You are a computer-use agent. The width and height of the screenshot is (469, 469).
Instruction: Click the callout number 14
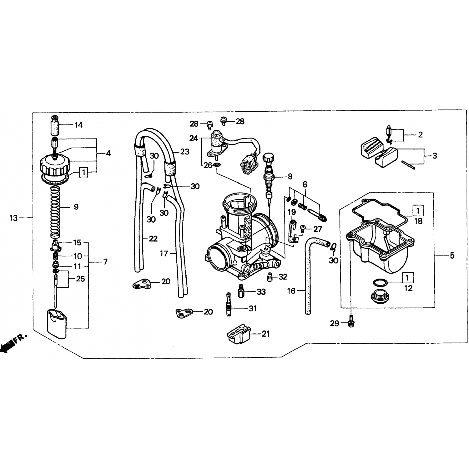(x=78, y=125)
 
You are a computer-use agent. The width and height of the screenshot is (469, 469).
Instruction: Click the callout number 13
(x=13, y=218)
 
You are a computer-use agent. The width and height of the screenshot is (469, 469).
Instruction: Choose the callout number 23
(x=185, y=152)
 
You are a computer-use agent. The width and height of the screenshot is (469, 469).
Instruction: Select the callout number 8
(x=290, y=177)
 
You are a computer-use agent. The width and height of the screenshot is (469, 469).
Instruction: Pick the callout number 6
(x=305, y=184)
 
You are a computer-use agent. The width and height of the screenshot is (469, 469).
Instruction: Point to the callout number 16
(x=291, y=291)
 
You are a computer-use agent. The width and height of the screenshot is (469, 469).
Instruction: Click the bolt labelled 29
(x=351, y=323)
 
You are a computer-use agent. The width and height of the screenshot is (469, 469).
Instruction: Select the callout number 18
(x=418, y=221)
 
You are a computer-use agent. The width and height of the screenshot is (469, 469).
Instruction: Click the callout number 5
(x=452, y=255)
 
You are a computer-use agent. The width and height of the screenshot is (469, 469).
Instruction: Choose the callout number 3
(x=435, y=156)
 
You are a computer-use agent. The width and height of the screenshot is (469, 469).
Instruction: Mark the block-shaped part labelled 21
(x=239, y=335)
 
